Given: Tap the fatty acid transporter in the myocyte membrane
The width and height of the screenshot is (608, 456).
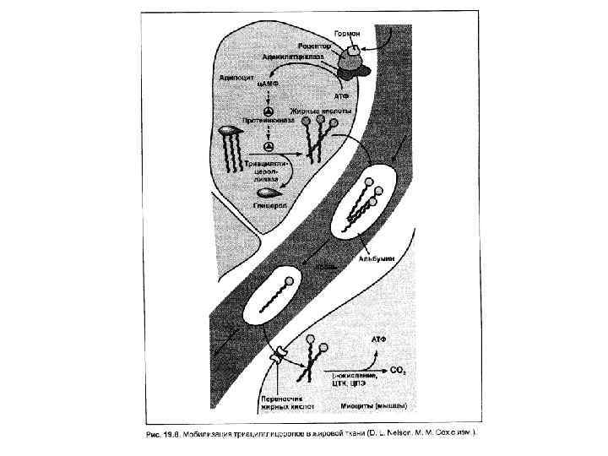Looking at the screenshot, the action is click(277, 363).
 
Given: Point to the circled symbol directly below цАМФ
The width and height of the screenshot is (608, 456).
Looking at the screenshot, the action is click(268, 111).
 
